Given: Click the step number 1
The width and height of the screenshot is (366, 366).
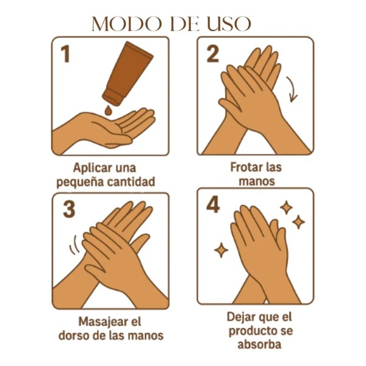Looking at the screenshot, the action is point(66,54).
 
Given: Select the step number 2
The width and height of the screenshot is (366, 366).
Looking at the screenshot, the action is point(213,54).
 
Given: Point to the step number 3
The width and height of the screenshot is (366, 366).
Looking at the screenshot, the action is point(69,209).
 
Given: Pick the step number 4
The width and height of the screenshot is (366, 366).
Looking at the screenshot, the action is point(213,205).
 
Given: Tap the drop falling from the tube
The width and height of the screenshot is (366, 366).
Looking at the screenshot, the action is point(108,110).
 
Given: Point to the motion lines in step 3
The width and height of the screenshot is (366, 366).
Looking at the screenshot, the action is point(74,246).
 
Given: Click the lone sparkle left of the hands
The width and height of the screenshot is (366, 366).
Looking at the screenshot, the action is point(221,250).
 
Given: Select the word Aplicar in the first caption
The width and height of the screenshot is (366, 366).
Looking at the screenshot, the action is point(89,168).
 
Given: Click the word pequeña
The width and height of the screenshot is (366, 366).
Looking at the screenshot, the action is point(80,182).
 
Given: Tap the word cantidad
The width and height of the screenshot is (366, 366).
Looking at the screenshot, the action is point(131,182).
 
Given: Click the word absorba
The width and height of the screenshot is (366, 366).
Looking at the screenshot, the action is point(259,344).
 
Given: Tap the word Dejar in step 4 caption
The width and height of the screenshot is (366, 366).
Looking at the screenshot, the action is point(240,317).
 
